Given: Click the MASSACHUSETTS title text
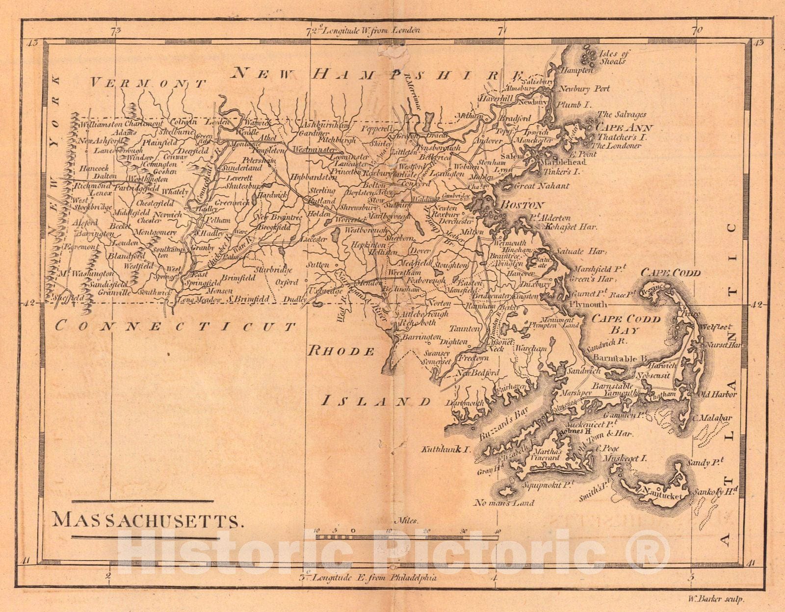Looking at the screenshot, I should (148, 520).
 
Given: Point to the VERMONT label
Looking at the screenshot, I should (147, 83).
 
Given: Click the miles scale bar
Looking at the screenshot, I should (407, 537).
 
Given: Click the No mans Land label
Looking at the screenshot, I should (504, 503).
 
